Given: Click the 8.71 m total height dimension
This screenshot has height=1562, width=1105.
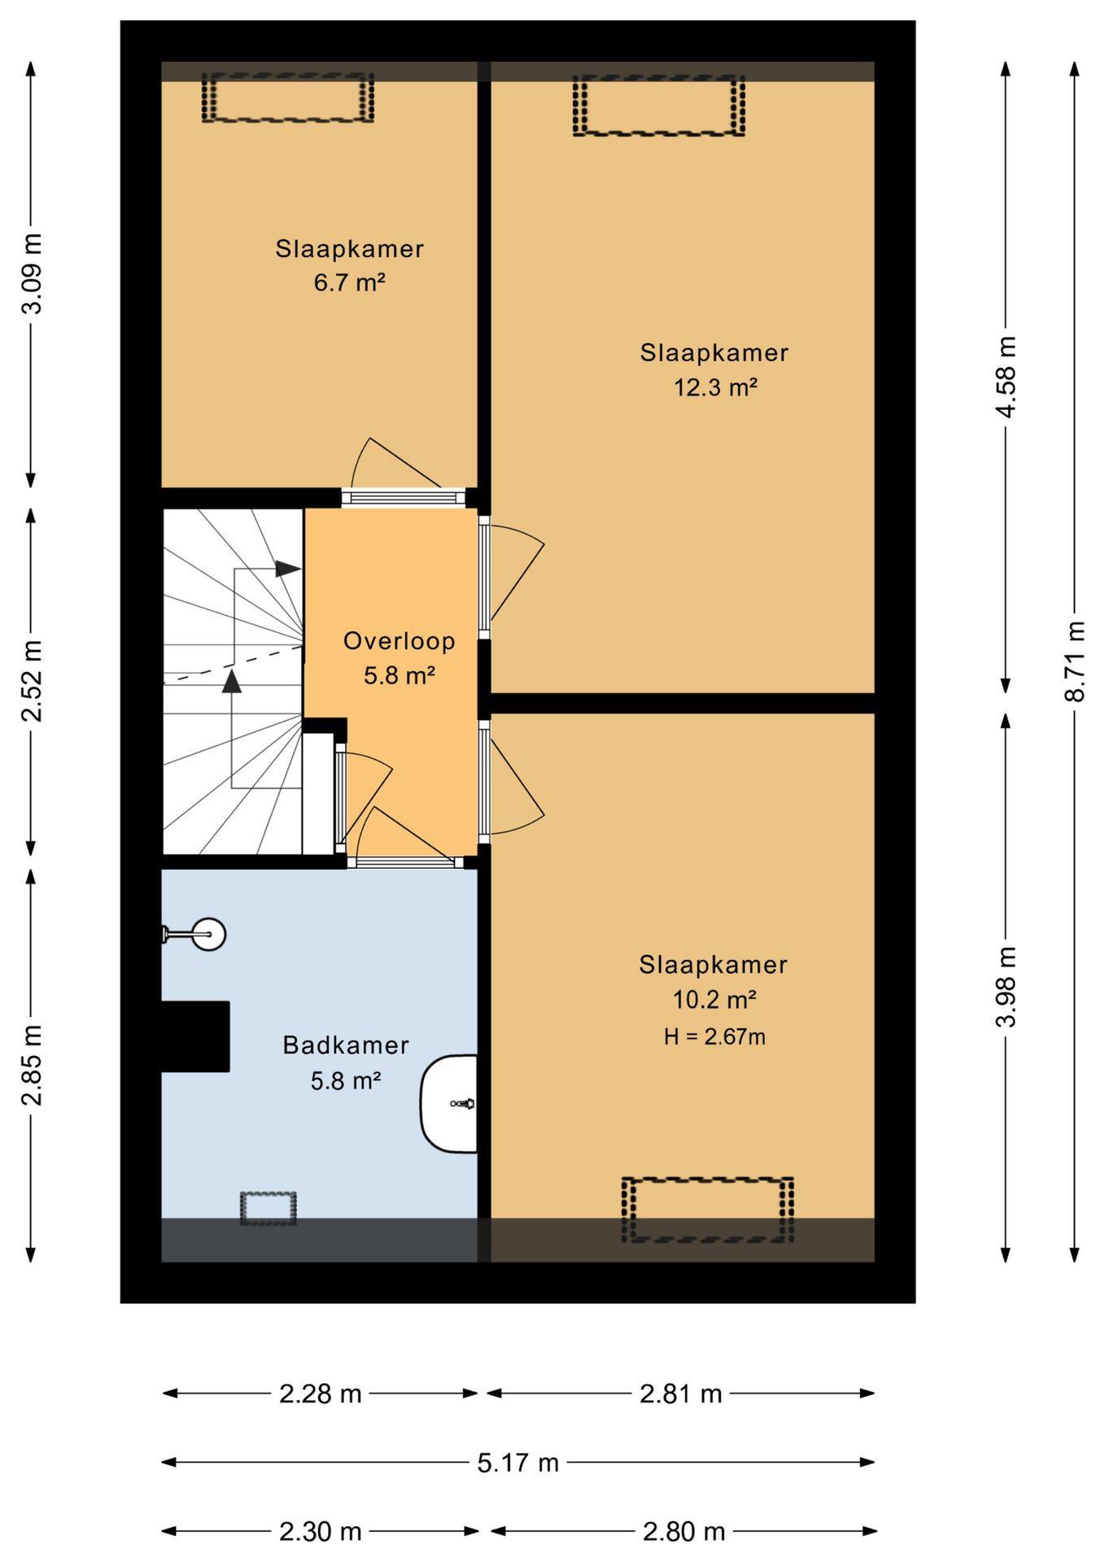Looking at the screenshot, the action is coord(1075,661).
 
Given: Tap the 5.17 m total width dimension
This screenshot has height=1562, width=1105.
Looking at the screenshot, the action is coord(518,1463).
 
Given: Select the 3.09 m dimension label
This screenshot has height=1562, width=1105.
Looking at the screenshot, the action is coord(32,273).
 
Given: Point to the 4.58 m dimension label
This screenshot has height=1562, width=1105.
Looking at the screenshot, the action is coord(1007,377).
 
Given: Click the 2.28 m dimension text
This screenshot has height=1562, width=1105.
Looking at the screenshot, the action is coord(320,1394).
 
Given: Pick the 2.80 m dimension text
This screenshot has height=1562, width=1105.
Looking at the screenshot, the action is coord(684,1532).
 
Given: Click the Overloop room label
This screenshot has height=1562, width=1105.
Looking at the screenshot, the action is coord(399,641).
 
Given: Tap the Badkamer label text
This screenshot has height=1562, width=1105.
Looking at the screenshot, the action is coord(346,1045).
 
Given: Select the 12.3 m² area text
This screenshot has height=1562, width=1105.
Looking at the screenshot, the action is coord(715,387).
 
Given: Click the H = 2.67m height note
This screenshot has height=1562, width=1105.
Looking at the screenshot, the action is coord(714,1036).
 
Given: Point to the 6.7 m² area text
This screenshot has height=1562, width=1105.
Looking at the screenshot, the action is coord(349,282).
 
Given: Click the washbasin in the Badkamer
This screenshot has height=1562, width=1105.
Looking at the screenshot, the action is coord(448,1104).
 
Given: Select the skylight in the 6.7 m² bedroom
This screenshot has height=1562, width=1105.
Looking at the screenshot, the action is coord(288,98).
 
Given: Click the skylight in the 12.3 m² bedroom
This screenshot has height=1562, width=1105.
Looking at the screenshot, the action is coord(659,106).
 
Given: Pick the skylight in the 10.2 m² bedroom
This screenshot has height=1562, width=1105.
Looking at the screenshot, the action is coord(708,1210).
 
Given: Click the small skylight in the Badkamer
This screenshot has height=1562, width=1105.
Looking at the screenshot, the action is coord(268,1209).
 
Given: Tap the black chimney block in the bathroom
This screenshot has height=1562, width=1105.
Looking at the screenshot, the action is coord(195,1036).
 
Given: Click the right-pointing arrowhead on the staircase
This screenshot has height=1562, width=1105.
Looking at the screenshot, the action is coord(288,569).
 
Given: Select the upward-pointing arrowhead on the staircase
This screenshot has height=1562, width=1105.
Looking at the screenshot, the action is coord(232,681).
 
